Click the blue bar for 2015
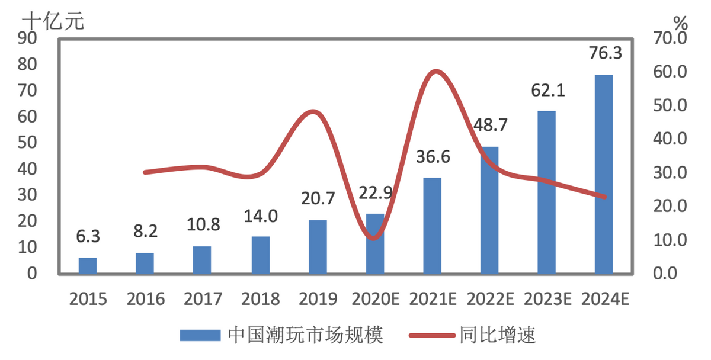[x=88, y=266]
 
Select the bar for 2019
[x=318, y=247]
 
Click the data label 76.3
[x=606, y=53]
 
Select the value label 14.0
[x=261, y=216]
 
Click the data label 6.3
[x=88, y=236]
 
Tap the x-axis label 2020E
[x=375, y=298]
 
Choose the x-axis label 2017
[x=203, y=298]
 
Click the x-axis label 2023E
[x=547, y=298]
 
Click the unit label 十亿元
[x=53, y=21]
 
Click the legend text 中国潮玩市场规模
[x=305, y=336]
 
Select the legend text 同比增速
[x=497, y=336]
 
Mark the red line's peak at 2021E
[x=435, y=72]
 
